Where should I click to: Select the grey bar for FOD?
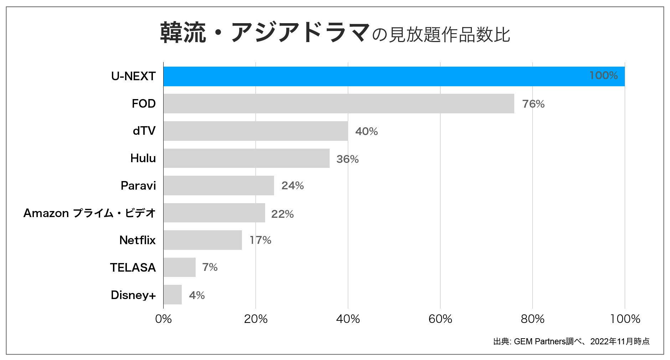point(339,104)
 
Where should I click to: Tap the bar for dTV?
point(256,131)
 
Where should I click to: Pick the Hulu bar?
point(246,158)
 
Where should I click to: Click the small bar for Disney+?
point(172,295)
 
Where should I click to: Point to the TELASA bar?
point(180,267)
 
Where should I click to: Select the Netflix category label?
point(138,240)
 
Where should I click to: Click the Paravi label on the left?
point(138,186)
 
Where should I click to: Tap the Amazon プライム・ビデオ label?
point(89,213)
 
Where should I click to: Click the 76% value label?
point(533,104)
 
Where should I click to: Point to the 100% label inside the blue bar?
point(603,76)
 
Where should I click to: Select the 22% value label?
point(282,214)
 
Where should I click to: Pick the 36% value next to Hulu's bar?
point(347,159)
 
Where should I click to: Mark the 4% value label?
point(197,295)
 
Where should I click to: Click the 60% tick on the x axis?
point(440,319)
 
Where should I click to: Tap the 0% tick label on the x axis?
point(164,319)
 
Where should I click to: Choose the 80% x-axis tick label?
point(532,319)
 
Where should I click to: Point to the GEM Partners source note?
point(571,341)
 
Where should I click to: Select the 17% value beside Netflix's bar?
point(261,240)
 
